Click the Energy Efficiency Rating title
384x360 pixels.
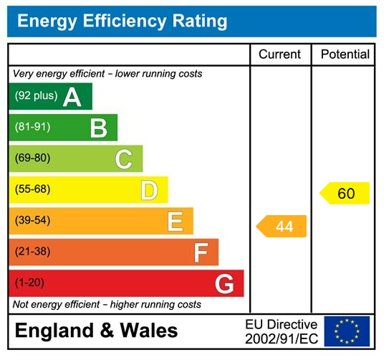(122, 22)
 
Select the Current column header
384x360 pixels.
(280, 55)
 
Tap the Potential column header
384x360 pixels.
(345, 55)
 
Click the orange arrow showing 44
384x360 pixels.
(282, 227)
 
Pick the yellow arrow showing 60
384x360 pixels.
(345, 194)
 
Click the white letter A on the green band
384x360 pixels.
(72, 97)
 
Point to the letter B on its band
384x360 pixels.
(98, 128)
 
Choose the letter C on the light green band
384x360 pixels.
(123, 159)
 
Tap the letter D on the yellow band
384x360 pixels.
(149, 191)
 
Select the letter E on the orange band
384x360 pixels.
(175, 222)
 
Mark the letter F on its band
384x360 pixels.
(201, 252)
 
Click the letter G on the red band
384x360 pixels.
(224, 284)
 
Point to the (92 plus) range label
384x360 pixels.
(36, 96)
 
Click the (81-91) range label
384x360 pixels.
(32, 128)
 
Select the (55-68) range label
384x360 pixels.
(32, 190)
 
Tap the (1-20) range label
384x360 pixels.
(29, 283)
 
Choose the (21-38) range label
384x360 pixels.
(32, 252)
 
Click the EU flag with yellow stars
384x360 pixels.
(347, 331)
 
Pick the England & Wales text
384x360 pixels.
(97, 331)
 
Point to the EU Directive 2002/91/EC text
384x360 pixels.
(281, 331)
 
